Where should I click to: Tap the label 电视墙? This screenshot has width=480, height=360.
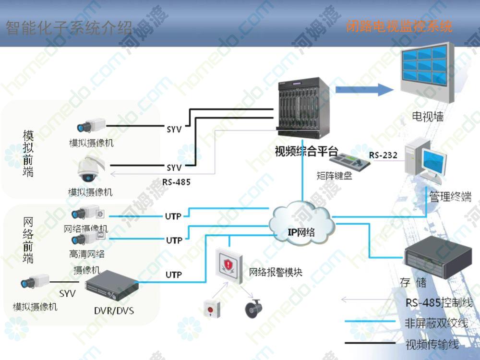[427, 116]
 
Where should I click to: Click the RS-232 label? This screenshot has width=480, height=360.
[383, 155]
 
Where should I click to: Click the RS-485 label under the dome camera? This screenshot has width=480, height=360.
[176, 182]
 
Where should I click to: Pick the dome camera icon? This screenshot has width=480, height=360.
[90, 170]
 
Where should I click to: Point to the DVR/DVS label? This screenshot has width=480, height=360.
[114, 311]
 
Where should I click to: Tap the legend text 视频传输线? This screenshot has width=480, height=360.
[432, 344]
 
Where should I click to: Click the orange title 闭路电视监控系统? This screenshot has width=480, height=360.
[399, 26]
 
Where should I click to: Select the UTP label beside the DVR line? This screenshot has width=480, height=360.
[174, 275]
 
